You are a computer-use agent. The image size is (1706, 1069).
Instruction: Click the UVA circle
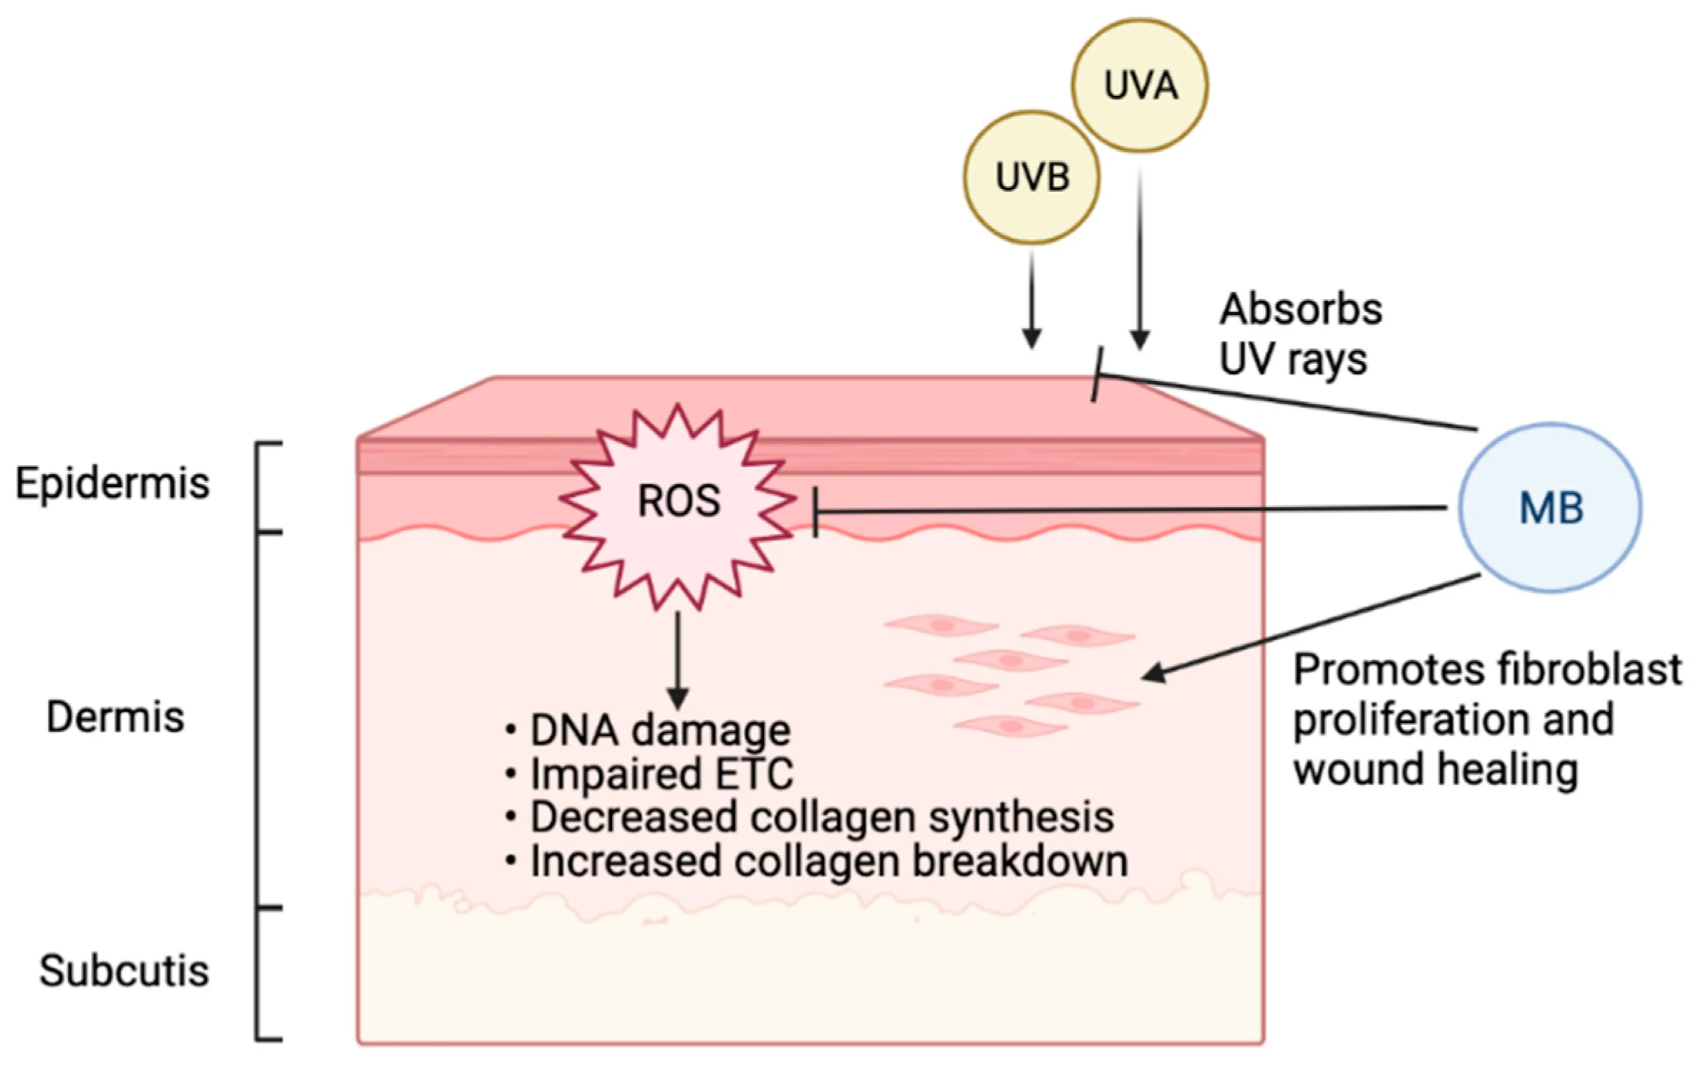[x=1139, y=85]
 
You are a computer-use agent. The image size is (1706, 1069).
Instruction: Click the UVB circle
[x=1032, y=177]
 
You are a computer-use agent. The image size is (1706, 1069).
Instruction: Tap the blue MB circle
[x=1550, y=508]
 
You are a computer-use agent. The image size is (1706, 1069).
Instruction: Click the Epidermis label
[x=112, y=483]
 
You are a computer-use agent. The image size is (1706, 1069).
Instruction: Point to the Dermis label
[x=115, y=717]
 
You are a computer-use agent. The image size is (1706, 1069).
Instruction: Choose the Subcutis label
[x=124, y=971]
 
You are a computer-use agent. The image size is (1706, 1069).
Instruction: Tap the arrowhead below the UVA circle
[x=1140, y=339]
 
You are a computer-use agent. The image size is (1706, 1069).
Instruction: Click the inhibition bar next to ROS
[x=815, y=512]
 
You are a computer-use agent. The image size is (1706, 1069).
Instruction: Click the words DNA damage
[x=659, y=730]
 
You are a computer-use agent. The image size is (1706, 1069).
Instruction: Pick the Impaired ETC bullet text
[x=661, y=774]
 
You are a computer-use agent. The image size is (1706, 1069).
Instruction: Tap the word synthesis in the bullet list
[x=1021, y=818]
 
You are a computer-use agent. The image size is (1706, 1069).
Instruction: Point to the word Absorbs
[x=1301, y=309]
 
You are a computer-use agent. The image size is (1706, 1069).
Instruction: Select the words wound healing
[x=1435, y=770]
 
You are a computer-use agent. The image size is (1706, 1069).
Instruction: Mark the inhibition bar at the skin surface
[x=1097, y=374]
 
